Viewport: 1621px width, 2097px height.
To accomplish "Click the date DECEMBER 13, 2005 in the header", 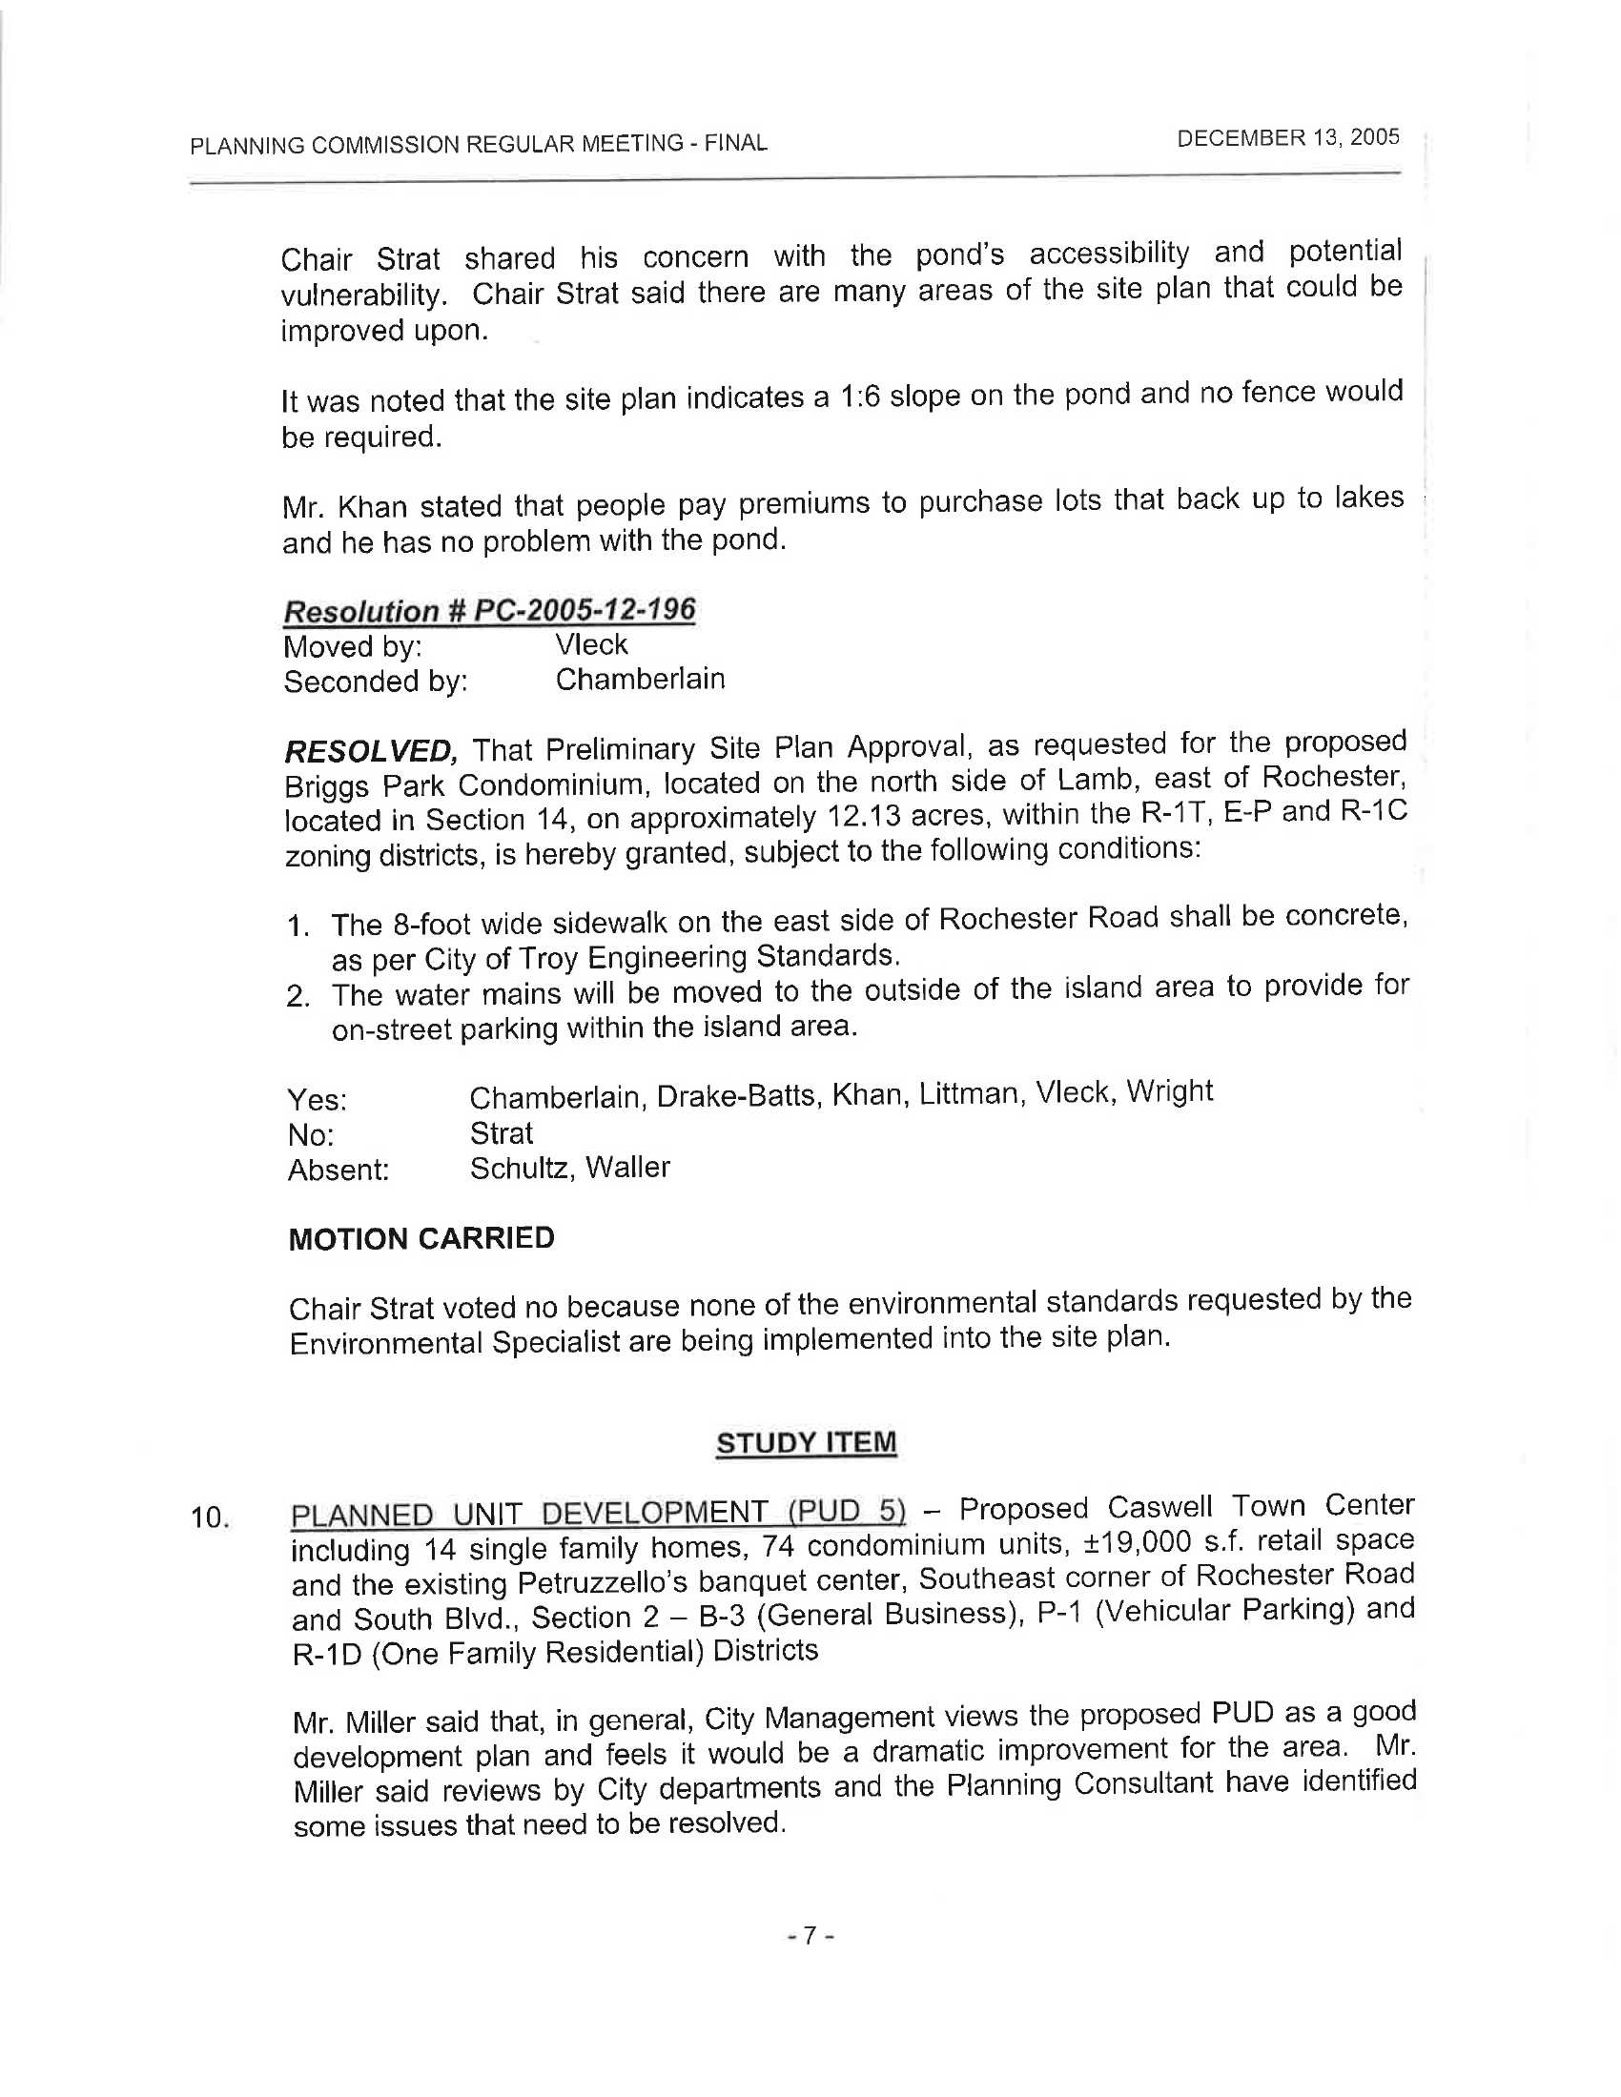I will (x=1288, y=137).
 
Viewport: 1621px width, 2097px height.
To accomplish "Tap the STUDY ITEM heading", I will (x=806, y=1442).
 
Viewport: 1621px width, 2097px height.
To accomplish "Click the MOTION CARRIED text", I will (x=421, y=1238).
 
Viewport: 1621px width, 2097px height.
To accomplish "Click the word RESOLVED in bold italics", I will (x=370, y=750).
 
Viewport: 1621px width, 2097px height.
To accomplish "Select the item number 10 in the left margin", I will (x=209, y=1518).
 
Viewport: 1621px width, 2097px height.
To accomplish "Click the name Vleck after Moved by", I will (x=590, y=644).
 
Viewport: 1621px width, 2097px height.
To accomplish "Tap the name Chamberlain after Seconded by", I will (x=640, y=680).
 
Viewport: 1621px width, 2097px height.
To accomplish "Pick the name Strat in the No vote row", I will (x=501, y=1134).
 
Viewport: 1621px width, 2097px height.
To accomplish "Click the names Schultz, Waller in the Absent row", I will (x=569, y=1169).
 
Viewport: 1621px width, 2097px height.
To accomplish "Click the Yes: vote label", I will (x=317, y=1099).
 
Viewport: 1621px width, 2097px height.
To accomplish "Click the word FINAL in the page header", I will (x=735, y=143).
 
